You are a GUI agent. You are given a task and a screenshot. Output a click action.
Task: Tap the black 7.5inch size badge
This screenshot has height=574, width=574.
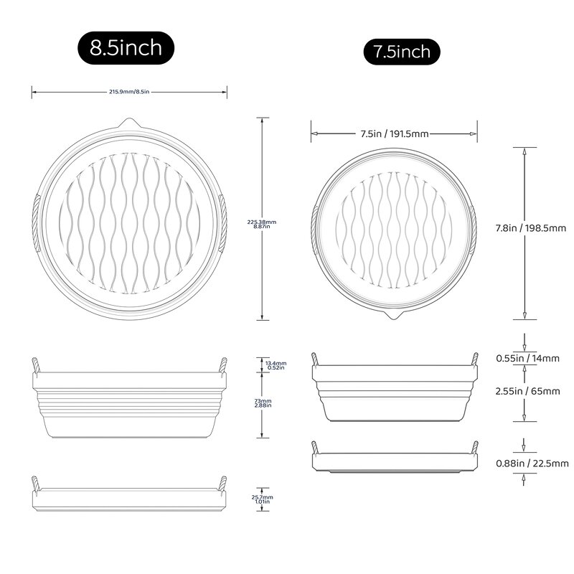click(401, 52)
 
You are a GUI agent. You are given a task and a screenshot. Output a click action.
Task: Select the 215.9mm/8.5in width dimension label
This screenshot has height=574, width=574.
click(129, 91)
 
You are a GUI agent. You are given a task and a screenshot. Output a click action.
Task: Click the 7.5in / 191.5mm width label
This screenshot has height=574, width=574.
click(394, 133)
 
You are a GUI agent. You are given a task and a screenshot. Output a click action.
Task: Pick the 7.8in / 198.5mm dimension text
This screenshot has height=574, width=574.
click(531, 228)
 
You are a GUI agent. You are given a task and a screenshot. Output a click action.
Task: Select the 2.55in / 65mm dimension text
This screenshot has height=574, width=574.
click(531, 391)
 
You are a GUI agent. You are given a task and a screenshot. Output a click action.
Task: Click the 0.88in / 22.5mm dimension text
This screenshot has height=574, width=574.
click(531, 463)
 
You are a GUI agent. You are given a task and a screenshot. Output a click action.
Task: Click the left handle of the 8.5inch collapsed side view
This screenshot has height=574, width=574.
click(35, 484)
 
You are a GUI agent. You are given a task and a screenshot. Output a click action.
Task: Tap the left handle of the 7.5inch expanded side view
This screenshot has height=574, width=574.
click(314, 359)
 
